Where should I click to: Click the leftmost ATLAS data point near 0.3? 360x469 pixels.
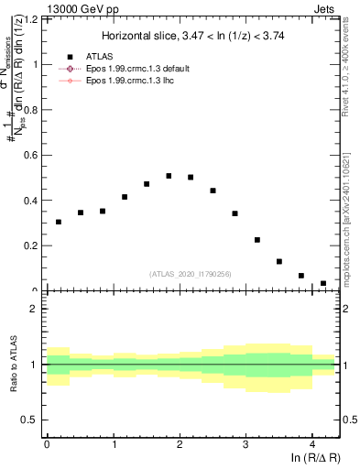(59, 222)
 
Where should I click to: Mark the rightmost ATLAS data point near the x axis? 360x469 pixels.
(322, 284)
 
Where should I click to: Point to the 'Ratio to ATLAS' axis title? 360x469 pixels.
(13, 364)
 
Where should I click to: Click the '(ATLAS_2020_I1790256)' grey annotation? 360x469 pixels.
(190, 274)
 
